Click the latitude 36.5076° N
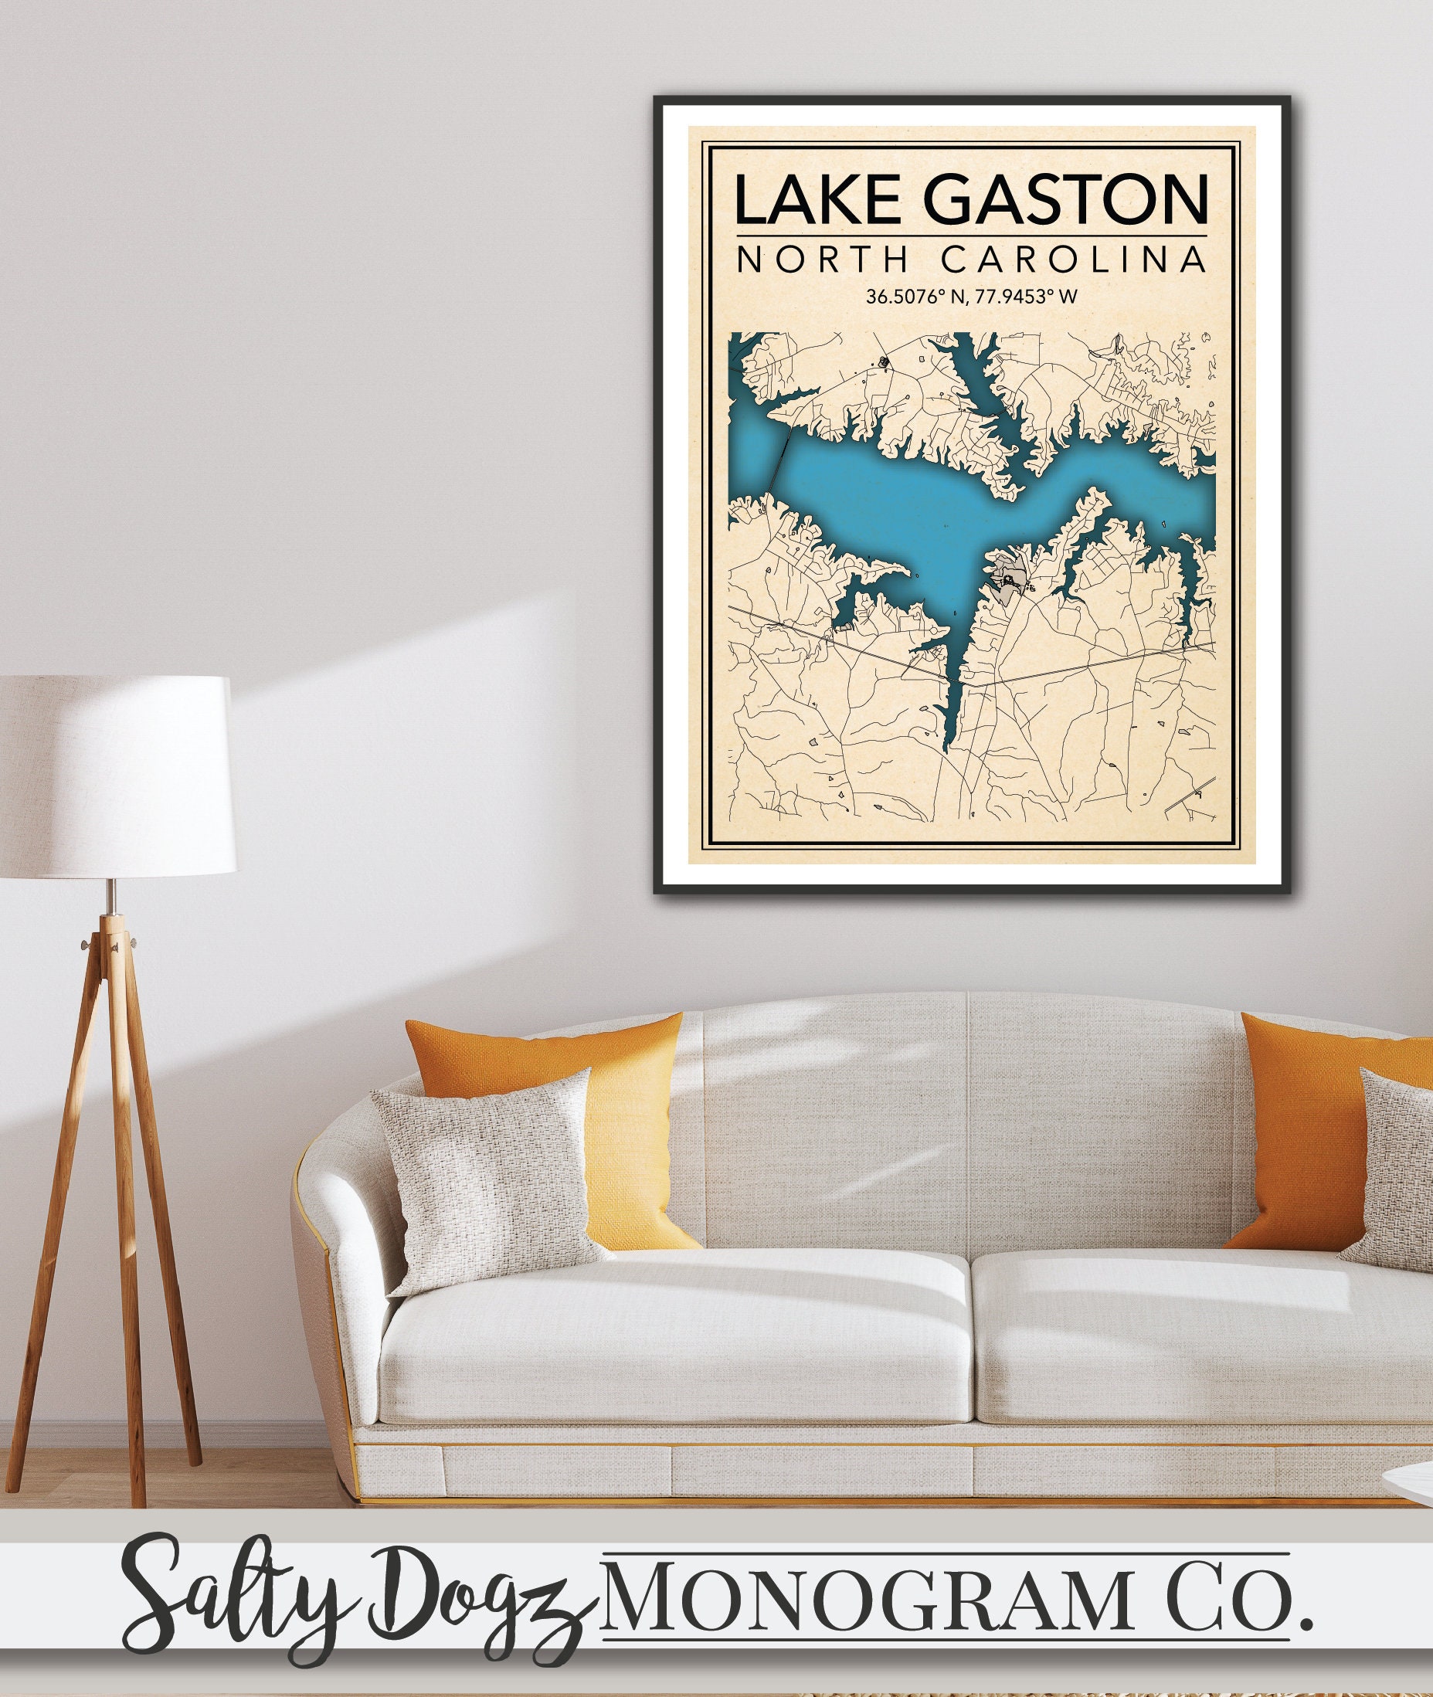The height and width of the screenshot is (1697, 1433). tap(914, 297)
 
